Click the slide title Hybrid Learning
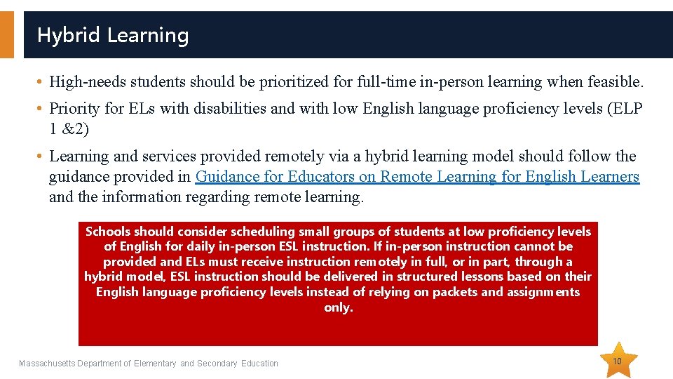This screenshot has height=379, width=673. (x=113, y=35)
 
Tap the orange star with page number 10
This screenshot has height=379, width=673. (x=617, y=361)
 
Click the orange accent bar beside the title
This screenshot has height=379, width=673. (x=6, y=34)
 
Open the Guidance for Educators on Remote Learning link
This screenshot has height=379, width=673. (x=417, y=177)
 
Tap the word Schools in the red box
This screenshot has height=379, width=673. (x=108, y=232)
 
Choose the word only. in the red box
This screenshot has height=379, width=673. (x=338, y=307)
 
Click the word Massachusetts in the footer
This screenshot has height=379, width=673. (x=49, y=364)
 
